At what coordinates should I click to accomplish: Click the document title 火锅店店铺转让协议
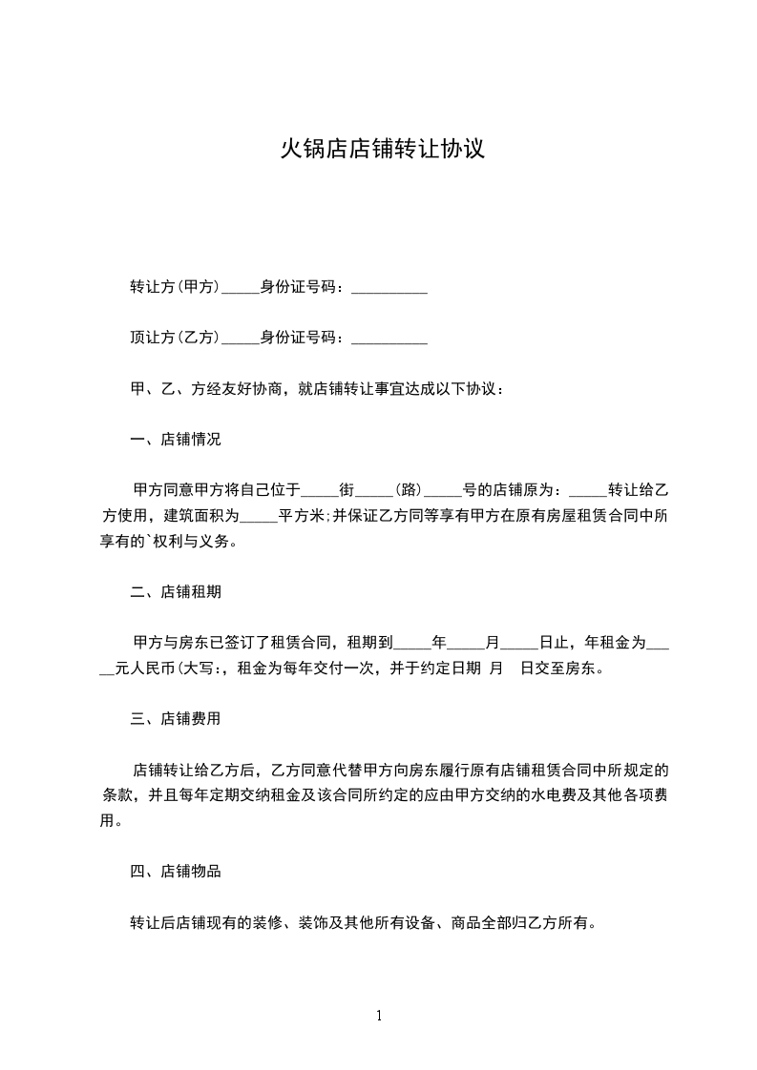click(382, 150)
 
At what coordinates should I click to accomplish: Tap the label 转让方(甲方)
click(176, 287)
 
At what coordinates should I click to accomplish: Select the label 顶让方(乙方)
click(176, 338)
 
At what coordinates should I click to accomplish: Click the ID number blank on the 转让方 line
click(389, 289)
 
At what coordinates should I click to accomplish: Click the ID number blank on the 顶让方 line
click(389, 340)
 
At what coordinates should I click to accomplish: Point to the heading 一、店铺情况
click(176, 440)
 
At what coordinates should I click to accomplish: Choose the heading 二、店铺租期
click(176, 591)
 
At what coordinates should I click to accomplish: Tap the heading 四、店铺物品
click(176, 871)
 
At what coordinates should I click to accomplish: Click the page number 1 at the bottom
click(379, 1016)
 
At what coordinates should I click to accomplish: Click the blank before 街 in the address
click(320, 492)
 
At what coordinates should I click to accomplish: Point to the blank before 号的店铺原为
click(443, 492)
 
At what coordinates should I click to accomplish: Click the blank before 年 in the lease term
click(412, 645)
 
